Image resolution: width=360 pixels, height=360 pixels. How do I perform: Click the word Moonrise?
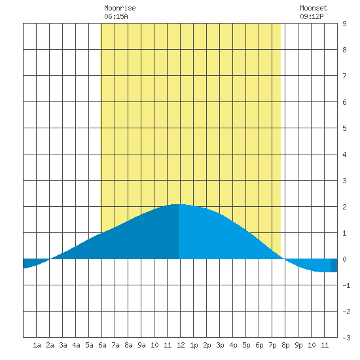(120, 8)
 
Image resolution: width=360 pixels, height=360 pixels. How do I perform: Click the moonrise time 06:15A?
(116, 16)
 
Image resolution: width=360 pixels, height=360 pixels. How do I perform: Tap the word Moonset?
(314, 8)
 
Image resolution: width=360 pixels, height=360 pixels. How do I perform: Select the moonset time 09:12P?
(312, 16)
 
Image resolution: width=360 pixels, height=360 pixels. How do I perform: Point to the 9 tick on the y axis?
(344, 24)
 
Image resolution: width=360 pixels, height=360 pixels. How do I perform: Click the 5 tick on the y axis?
(344, 128)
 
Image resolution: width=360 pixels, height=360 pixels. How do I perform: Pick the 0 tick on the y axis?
(344, 259)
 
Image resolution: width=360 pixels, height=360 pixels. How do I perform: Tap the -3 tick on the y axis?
(346, 338)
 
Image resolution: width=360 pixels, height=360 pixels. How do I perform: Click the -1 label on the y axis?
(346, 285)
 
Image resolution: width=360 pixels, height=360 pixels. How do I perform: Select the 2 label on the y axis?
(344, 207)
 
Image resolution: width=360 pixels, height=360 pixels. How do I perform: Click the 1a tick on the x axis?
(37, 345)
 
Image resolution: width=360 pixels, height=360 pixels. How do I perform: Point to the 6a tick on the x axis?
(102, 345)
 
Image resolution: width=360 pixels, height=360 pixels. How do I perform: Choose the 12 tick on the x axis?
(181, 345)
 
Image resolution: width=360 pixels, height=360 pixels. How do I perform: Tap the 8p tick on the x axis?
(285, 345)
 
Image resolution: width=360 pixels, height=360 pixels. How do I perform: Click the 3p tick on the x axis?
(220, 345)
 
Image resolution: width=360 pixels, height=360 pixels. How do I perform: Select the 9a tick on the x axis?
(141, 345)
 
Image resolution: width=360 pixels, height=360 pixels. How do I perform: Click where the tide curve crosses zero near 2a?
(50, 259)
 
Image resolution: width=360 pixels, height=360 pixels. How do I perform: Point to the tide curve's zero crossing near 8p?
(284, 259)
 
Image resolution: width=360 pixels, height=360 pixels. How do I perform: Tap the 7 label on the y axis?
(344, 76)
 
